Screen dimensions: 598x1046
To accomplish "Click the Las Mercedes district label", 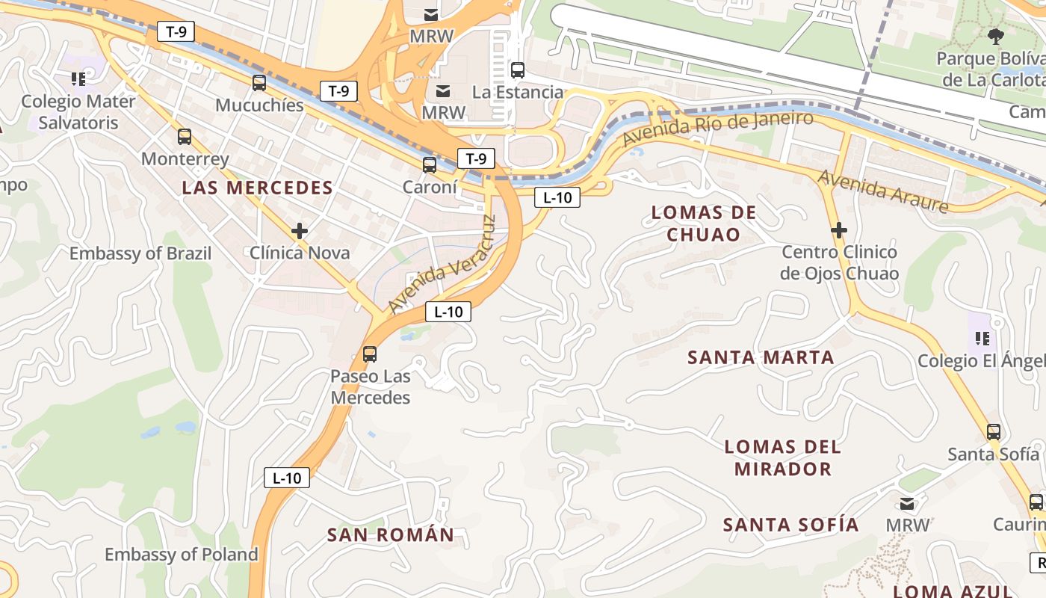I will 257,188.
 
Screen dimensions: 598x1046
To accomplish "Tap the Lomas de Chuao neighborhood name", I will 704,224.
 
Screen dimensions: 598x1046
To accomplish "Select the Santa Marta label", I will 761,357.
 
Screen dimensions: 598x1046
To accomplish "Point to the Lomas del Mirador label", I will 782,458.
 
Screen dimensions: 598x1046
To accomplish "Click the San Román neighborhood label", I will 391,534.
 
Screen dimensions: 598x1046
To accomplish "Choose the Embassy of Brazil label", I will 140,253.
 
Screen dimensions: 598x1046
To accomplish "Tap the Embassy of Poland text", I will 181,554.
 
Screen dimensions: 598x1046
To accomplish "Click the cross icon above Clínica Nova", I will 300,231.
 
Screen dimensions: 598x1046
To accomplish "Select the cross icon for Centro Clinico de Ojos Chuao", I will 839,229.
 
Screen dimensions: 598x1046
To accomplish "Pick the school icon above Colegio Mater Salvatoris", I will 78,78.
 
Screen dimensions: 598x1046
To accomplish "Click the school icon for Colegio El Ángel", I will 982,339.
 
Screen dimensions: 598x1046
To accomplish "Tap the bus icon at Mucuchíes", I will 259,83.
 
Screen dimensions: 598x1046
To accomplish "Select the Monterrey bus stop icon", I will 185,137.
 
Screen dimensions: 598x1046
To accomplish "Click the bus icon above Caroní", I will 430,165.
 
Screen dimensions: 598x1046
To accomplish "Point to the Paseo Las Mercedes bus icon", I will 370,354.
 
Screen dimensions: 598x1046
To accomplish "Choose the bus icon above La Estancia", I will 517,70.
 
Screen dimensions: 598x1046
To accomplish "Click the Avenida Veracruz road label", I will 442,265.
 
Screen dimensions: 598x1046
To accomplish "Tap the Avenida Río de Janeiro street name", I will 717,129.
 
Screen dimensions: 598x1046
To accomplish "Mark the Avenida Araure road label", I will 882,191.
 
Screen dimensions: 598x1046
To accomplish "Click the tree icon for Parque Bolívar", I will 995,36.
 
